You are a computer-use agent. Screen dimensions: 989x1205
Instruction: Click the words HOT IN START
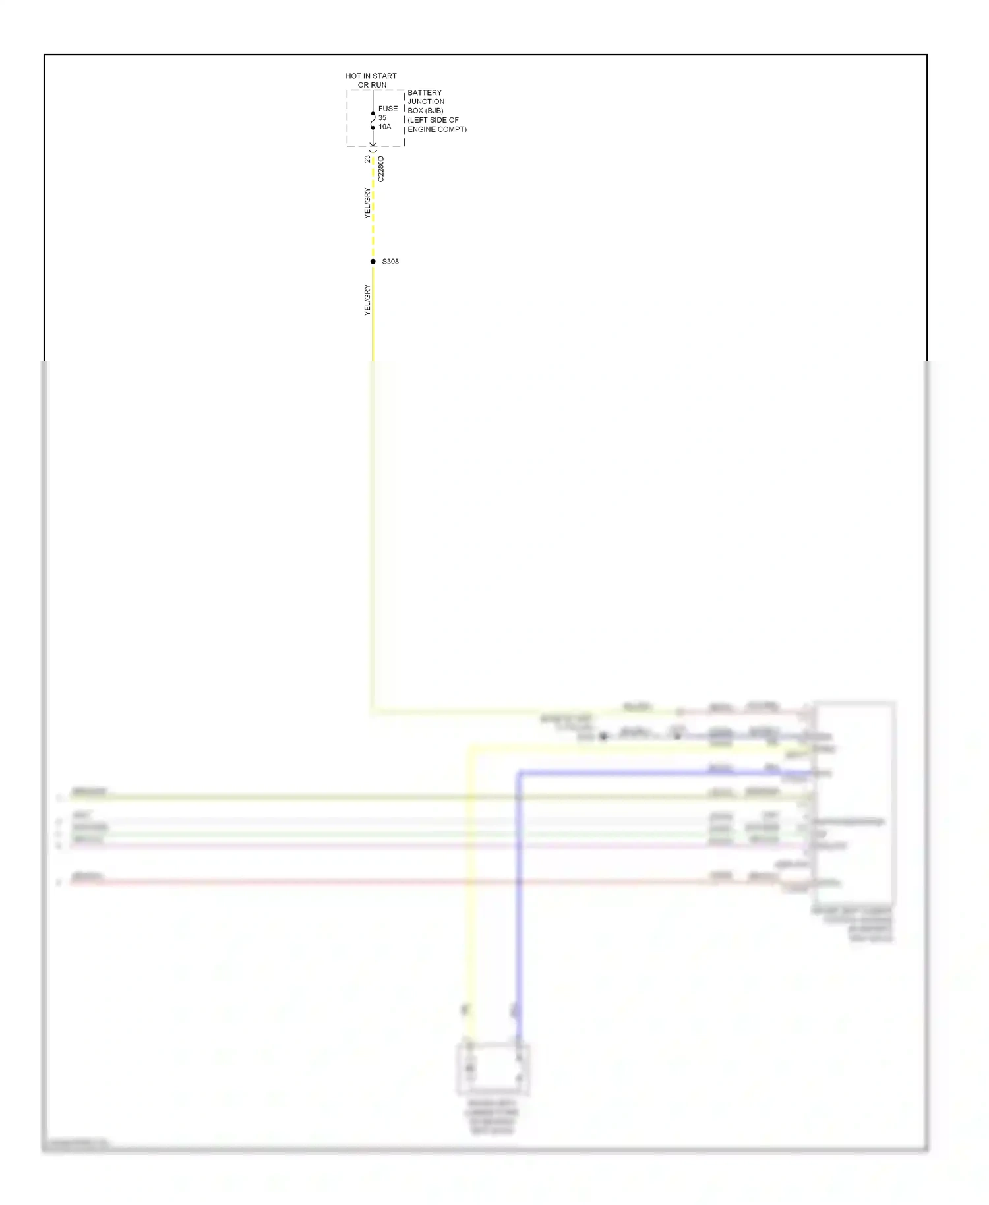click(371, 76)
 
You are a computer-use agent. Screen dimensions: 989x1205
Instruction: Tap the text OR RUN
click(372, 86)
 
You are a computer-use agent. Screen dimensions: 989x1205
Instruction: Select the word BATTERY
click(425, 93)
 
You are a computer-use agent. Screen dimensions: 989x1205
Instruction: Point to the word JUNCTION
click(426, 102)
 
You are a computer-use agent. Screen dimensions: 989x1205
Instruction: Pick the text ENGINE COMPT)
click(437, 129)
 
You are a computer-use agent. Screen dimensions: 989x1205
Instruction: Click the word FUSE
click(388, 109)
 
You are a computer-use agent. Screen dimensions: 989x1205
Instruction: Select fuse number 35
click(382, 118)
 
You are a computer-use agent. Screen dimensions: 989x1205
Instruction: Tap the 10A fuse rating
click(384, 127)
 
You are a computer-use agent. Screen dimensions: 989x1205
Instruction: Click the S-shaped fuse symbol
click(373, 121)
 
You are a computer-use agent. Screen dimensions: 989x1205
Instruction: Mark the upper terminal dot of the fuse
click(373, 114)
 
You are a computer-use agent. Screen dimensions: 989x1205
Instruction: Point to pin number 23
click(367, 159)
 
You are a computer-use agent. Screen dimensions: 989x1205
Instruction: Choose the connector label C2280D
click(381, 169)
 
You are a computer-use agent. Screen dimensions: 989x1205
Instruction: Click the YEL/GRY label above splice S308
click(367, 203)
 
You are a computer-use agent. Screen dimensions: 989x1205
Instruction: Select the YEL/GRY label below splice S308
click(367, 300)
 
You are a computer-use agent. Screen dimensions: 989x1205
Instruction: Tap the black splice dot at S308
click(373, 262)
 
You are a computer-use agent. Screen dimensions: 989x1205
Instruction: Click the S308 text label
click(390, 262)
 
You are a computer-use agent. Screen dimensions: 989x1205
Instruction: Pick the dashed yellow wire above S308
click(373, 211)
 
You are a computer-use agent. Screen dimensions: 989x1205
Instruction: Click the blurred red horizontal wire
click(396, 881)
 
